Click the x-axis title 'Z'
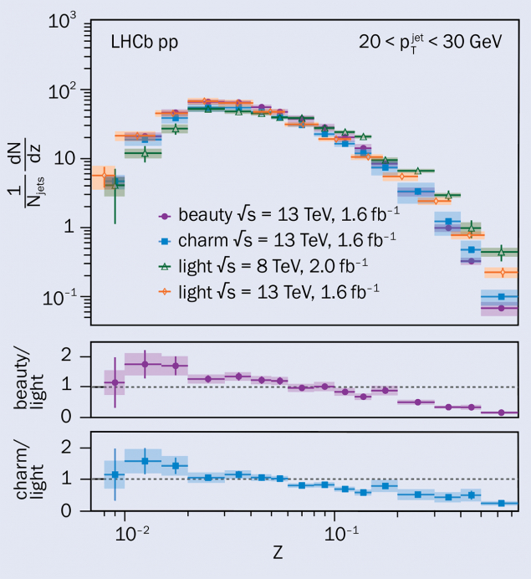(277, 553)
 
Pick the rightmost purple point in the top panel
(501, 308)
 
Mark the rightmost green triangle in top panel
(501, 251)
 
